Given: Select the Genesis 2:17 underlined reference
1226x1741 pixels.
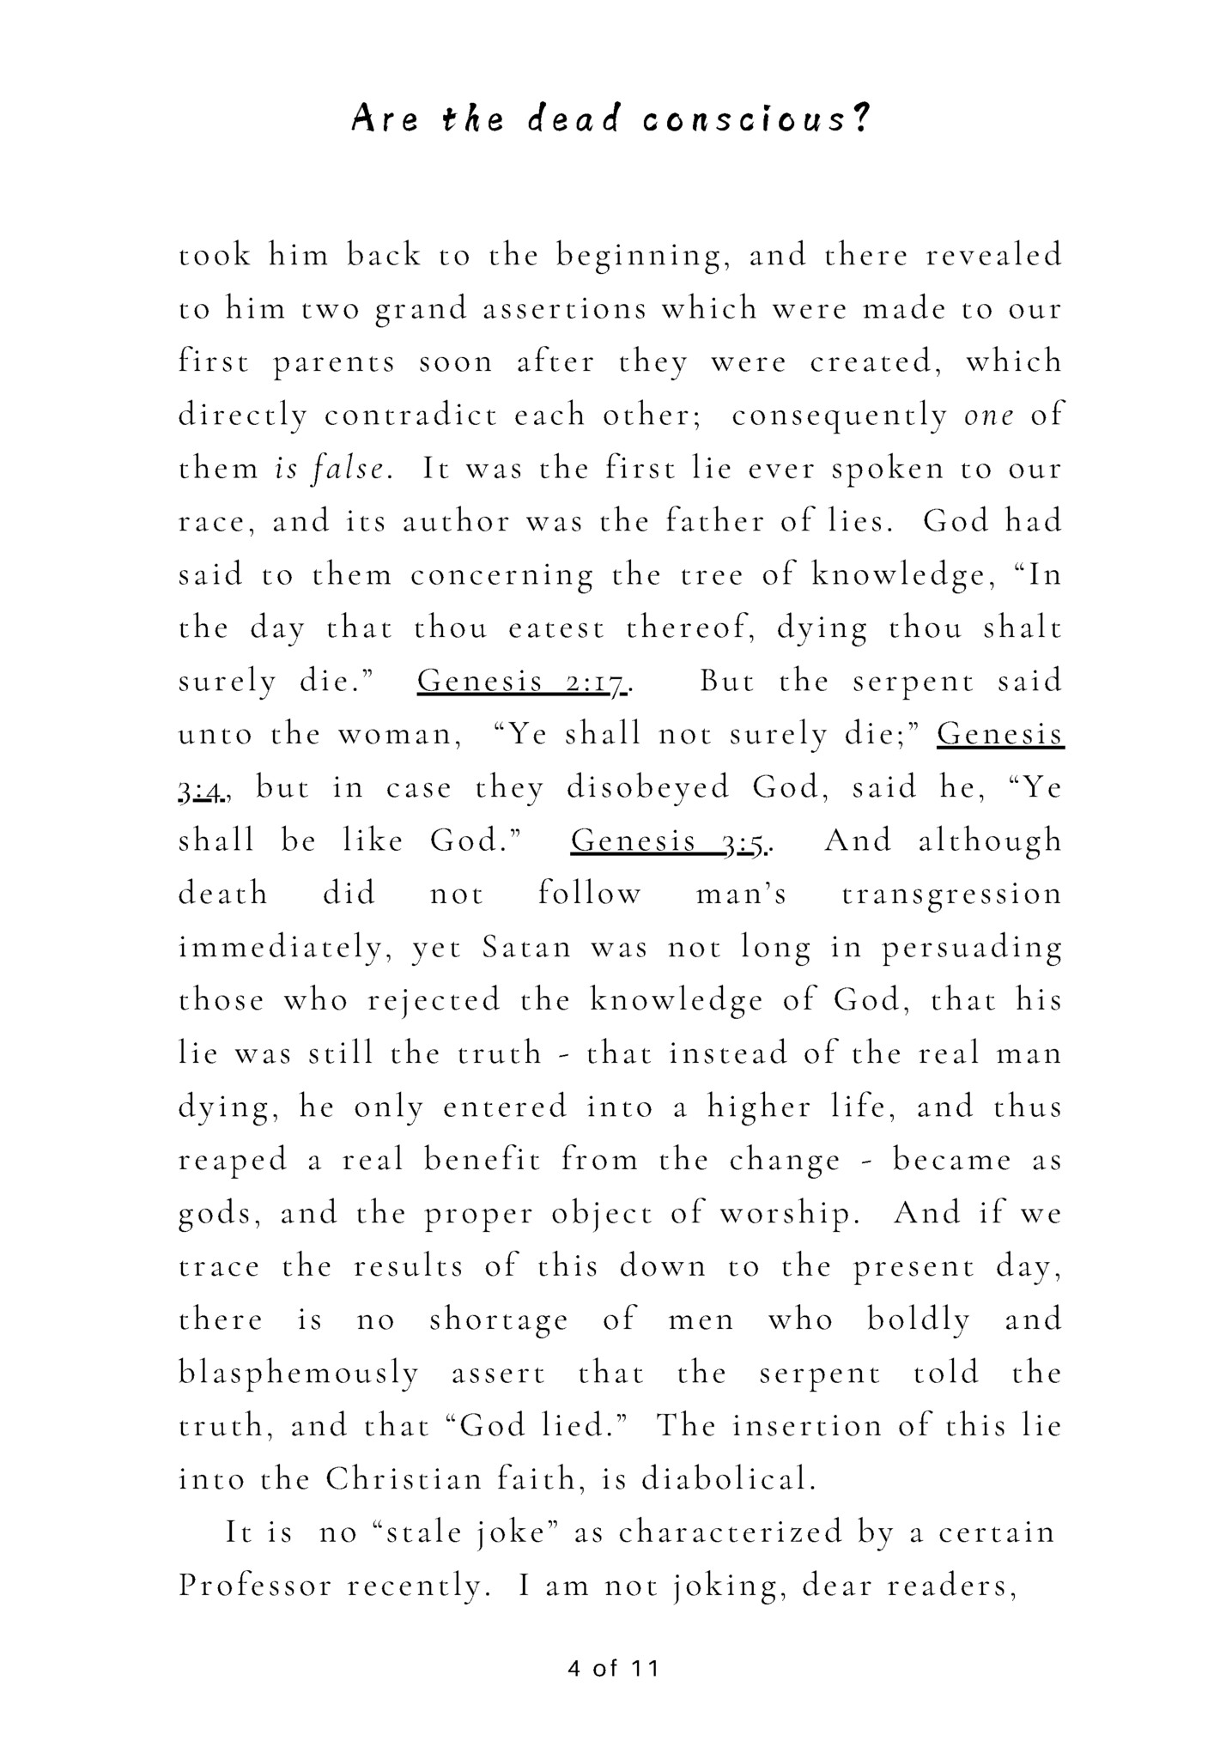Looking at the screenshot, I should [525, 682].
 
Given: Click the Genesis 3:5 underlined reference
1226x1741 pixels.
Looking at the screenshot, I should [671, 841].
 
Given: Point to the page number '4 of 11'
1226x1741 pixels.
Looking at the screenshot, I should [613, 1668].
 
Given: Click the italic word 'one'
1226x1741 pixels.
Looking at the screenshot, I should [989, 416].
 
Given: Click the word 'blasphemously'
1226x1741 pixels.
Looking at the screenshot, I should [298, 1374].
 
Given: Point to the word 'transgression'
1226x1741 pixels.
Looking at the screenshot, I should [951, 895].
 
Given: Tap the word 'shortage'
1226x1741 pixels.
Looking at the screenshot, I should [498, 1320].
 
